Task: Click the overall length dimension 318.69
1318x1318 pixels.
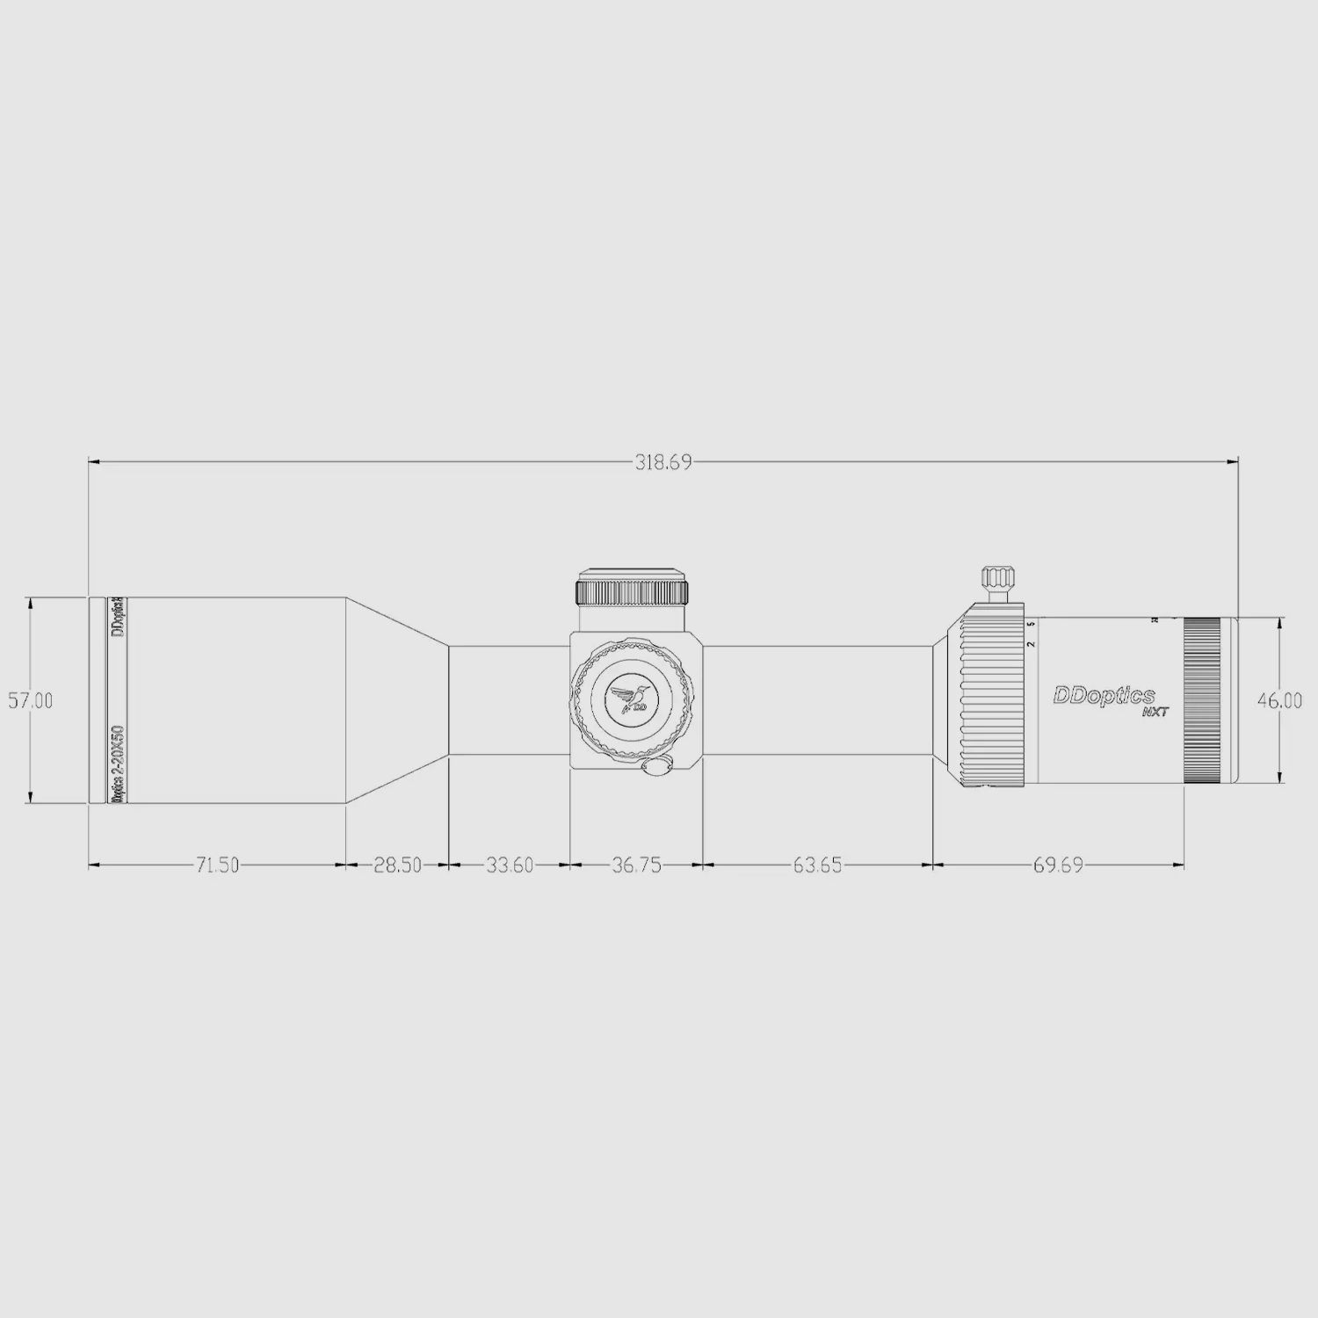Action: (663, 462)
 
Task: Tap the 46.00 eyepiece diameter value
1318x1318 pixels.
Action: (1279, 701)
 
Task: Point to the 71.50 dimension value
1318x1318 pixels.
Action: (217, 865)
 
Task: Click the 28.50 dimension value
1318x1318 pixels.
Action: (397, 865)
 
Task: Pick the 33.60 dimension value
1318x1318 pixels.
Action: (510, 865)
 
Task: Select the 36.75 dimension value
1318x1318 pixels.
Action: (636, 865)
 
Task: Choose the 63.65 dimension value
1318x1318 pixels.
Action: (817, 865)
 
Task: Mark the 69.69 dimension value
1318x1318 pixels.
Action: (1058, 865)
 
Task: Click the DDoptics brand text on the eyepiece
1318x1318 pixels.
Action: (1104, 696)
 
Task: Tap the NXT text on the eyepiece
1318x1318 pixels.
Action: (1155, 713)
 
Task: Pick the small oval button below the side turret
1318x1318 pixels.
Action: (656, 767)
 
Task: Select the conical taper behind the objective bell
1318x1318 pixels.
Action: (397, 700)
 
